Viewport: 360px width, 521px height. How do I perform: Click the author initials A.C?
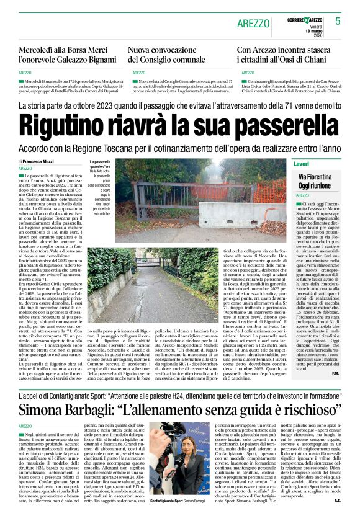[x=338, y=501]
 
